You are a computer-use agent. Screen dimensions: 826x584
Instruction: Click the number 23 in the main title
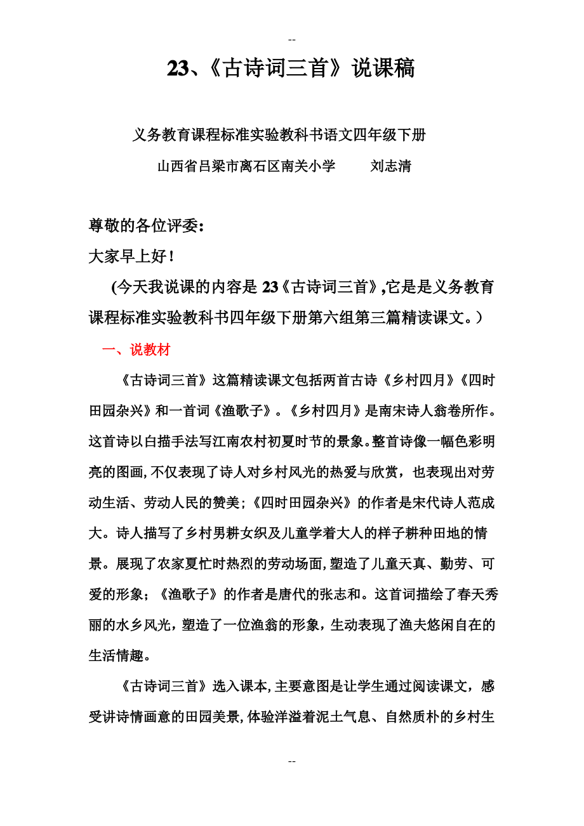coord(177,69)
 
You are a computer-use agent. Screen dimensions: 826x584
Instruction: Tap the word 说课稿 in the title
coord(383,69)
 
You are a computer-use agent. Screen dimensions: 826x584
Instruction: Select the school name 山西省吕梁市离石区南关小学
coord(246,166)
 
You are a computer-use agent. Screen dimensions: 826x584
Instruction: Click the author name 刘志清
coord(390,166)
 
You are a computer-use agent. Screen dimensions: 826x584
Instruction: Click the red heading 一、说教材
coord(136,350)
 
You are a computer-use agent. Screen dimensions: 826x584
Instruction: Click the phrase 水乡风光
coord(145,626)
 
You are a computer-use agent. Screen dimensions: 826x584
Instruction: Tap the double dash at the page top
coord(291,40)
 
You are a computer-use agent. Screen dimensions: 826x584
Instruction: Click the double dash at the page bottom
coord(291,761)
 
